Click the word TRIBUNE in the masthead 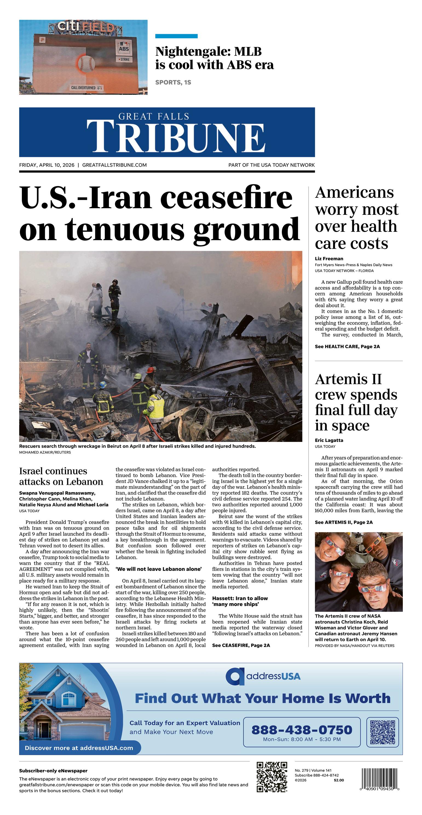click(x=176, y=136)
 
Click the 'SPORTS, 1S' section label click(x=173, y=82)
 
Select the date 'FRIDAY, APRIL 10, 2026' click(x=47, y=165)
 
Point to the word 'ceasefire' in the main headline click(x=226, y=198)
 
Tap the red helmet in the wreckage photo click(x=151, y=369)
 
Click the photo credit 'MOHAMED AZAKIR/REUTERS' click(x=45, y=453)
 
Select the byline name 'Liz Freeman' click(x=329, y=259)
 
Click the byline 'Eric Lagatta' click(x=329, y=440)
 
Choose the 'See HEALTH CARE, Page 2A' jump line click(x=347, y=346)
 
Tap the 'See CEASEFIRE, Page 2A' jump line click(x=241, y=645)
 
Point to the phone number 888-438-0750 click(x=302, y=730)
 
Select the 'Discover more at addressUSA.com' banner click(x=79, y=748)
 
